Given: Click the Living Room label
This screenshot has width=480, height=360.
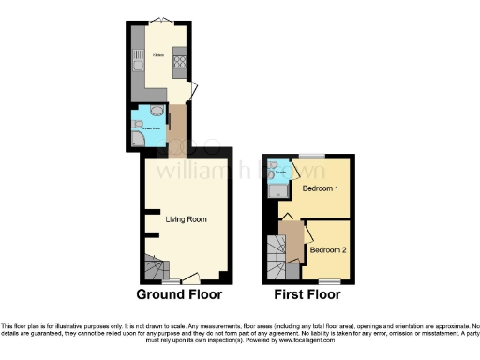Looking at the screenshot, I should click(x=186, y=219).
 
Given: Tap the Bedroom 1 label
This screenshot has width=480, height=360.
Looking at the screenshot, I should click(x=320, y=187).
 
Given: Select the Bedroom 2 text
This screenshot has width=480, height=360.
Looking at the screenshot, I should click(x=328, y=249).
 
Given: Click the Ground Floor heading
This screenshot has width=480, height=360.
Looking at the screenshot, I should click(x=179, y=293).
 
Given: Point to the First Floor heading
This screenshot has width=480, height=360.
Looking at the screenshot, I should click(x=307, y=293).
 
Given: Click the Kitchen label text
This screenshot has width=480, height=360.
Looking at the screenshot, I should click(x=159, y=56).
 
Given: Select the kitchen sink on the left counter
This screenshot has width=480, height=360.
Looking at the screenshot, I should click(x=137, y=66).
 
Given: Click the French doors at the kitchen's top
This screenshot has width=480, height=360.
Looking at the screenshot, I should click(x=161, y=21).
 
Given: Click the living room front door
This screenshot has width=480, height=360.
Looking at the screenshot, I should click(x=190, y=277).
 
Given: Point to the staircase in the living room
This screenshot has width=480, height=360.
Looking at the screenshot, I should click(x=154, y=268).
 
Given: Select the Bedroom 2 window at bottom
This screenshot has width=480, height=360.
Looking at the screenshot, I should click(x=328, y=280).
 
